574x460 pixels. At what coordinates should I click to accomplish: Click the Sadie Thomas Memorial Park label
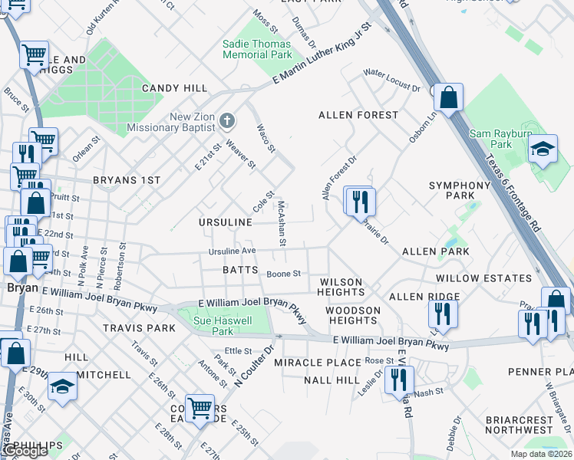(257, 49)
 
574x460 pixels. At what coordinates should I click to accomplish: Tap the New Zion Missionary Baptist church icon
(226, 120)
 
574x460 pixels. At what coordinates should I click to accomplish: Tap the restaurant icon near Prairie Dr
(359, 202)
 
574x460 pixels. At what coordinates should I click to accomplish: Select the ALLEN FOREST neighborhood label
(358, 115)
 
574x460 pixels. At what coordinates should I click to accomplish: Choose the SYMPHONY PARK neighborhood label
(459, 190)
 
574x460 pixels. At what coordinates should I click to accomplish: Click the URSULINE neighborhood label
(226, 222)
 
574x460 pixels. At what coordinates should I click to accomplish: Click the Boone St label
(283, 274)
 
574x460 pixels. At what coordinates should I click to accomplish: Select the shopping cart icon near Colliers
(200, 407)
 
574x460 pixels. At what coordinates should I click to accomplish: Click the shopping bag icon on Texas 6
(448, 97)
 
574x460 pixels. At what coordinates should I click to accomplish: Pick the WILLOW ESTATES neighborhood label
(483, 278)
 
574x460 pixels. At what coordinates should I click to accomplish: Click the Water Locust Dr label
(392, 80)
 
